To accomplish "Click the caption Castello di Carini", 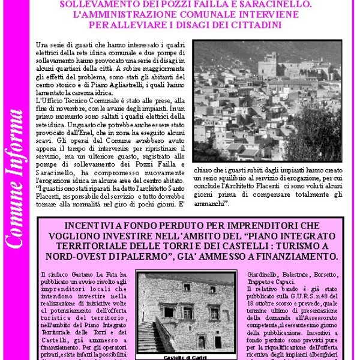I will point(185,357).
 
